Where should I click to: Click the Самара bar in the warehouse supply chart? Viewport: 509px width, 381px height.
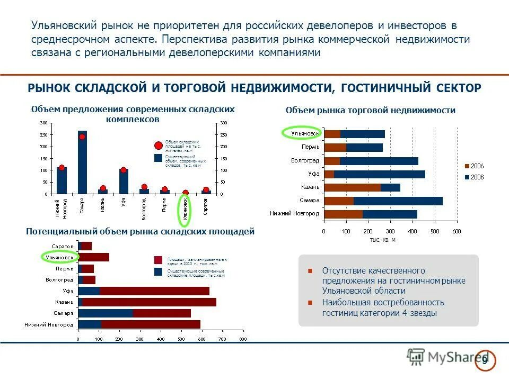click(82, 164)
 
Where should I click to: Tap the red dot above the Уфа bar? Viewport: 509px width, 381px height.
click(124, 170)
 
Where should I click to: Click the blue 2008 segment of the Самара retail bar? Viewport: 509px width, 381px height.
click(398, 201)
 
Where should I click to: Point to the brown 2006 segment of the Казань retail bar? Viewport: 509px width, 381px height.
click(352, 187)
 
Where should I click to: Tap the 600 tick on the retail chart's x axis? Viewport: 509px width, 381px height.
click(457, 232)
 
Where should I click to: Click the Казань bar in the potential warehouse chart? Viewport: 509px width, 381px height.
click(148, 302)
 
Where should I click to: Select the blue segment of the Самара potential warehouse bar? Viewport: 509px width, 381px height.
click(106, 313)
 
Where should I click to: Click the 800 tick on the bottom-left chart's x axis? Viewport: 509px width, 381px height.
click(242, 339)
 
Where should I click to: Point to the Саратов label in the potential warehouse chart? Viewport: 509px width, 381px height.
click(62, 247)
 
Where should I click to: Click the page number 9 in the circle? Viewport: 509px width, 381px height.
click(485, 360)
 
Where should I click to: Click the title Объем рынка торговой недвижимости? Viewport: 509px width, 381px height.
click(371, 110)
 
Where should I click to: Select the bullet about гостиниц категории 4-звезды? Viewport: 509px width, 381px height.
click(383, 307)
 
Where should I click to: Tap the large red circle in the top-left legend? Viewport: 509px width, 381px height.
click(158, 146)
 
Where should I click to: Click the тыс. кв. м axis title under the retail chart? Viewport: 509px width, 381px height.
click(383, 240)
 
